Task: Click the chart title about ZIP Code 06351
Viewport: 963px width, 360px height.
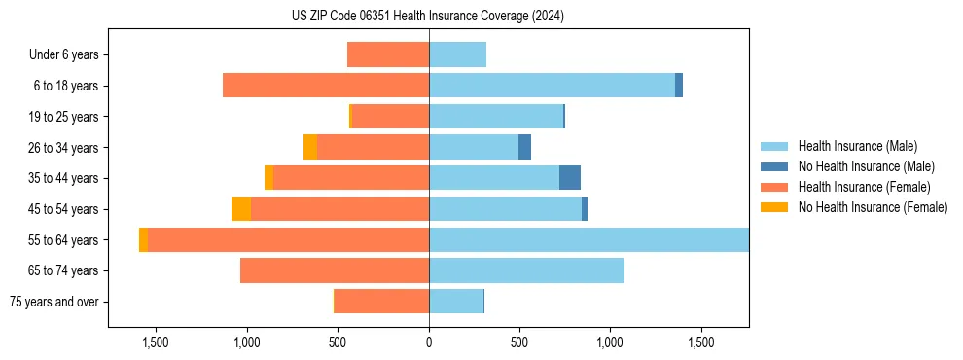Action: [428, 16]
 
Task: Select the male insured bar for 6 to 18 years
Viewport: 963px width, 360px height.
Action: [552, 86]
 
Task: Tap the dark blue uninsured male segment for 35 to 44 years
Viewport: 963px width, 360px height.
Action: [570, 178]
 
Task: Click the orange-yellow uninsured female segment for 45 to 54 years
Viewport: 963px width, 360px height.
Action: [241, 209]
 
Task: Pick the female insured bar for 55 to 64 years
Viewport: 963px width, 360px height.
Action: [288, 240]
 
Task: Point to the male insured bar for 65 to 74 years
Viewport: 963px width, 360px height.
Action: [526, 270]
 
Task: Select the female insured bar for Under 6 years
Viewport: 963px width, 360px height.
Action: [388, 54]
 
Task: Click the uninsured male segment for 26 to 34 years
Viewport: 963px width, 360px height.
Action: [524, 147]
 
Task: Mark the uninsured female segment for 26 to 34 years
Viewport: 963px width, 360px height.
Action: [310, 147]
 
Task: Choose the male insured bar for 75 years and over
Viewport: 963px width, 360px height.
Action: [456, 302]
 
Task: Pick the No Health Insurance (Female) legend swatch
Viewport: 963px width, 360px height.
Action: [774, 207]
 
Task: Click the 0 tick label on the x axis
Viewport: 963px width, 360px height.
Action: [429, 342]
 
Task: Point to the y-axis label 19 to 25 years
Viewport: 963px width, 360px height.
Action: [64, 117]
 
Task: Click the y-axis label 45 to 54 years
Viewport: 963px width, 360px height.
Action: [64, 209]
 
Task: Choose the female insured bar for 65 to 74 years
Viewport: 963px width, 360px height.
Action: [335, 270]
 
